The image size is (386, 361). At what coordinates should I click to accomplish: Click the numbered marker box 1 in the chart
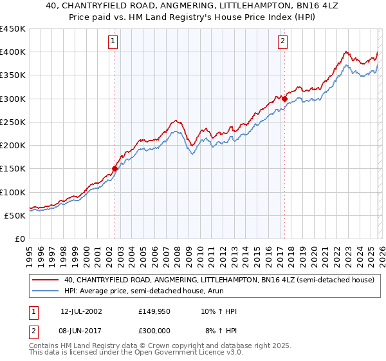pos(113,41)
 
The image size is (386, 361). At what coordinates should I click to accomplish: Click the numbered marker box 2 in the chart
pos(282,41)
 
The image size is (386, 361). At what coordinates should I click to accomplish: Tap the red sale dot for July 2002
pos(115,169)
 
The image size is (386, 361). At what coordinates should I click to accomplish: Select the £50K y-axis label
pos(15,215)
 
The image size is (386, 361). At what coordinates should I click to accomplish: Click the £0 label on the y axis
pos(21,239)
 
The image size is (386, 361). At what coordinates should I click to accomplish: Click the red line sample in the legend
pos(46,280)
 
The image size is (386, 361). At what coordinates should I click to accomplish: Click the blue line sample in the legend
pos(46,291)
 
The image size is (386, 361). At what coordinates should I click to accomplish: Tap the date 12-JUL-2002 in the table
pos(81,311)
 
